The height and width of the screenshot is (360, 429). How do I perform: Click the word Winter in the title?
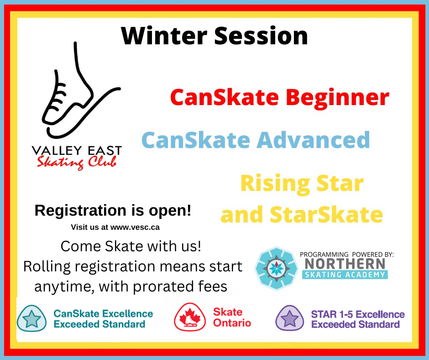(x=164, y=36)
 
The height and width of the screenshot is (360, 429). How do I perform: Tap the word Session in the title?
(x=261, y=36)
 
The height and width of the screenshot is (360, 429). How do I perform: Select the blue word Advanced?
(x=313, y=140)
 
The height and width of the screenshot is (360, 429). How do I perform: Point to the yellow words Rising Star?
(x=302, y=184)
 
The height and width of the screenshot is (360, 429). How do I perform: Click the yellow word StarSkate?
(x=326, y=215)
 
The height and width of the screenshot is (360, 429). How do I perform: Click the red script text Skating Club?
(x=77, y=163)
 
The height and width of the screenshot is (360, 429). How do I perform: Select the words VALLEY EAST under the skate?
(x=77, y=151)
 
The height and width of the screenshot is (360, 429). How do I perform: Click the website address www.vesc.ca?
(x=135, y=228)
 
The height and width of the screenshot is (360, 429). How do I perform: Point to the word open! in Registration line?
(x=170, y=211)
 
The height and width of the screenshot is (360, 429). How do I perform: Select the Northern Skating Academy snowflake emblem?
(x=276, y=268)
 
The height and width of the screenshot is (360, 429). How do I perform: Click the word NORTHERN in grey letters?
(x=345, y=264)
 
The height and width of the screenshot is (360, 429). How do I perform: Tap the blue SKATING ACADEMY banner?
(x=345, y=275)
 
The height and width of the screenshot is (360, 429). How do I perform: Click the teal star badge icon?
(x=31, y=319)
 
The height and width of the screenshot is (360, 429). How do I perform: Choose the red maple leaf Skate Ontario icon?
(x=190, y=317)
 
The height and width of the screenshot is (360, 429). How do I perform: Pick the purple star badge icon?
(x=289, y=318)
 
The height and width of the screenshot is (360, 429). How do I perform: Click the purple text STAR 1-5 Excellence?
(x=358, y=314)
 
